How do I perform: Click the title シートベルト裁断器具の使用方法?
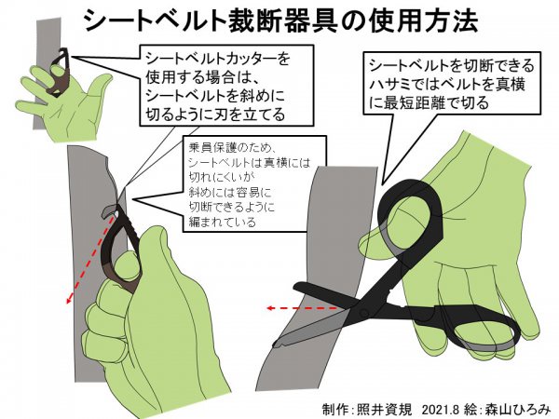click(281, 20)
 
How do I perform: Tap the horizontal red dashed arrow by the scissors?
click(303, 308)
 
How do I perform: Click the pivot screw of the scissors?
click(364, 313)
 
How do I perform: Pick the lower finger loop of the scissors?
click(478, 327)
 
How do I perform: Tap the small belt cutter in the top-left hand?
click(60, 73)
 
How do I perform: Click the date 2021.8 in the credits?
click(440, 409)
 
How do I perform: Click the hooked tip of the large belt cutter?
click(107, 211)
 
